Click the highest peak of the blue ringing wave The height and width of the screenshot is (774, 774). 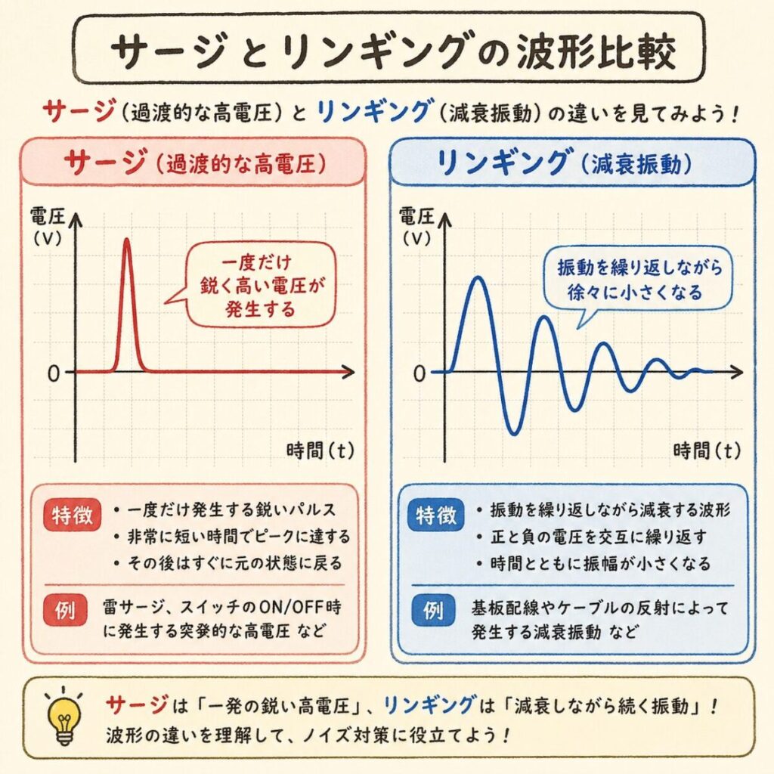477,278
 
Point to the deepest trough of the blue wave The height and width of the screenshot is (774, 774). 513,433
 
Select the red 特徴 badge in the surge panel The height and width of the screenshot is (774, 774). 73,516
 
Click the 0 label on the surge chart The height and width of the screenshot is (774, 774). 52,373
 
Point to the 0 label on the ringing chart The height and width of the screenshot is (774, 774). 420,373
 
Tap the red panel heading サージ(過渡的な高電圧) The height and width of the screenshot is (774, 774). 194,162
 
